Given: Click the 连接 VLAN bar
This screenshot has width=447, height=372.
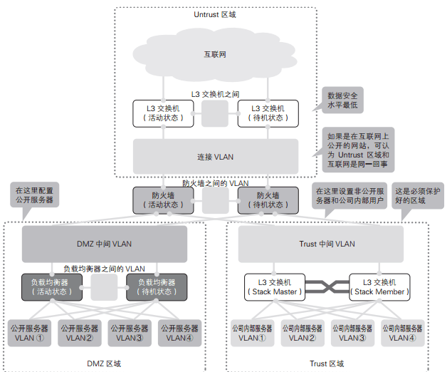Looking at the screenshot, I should pos(215,156).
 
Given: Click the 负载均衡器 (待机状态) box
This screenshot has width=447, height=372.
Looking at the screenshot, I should pos(157,286).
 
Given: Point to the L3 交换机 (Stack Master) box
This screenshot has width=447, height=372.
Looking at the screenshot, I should pos(275,286).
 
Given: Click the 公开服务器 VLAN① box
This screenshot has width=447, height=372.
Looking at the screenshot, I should pos(29,333).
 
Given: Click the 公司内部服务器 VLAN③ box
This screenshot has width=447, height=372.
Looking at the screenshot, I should pos(352,333).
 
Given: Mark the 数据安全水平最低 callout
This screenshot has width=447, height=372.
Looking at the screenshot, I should pos(342,100).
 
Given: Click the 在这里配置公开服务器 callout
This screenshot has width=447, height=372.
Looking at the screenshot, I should pos(33,195).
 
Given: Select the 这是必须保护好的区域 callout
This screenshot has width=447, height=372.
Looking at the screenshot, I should pos(418,195).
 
